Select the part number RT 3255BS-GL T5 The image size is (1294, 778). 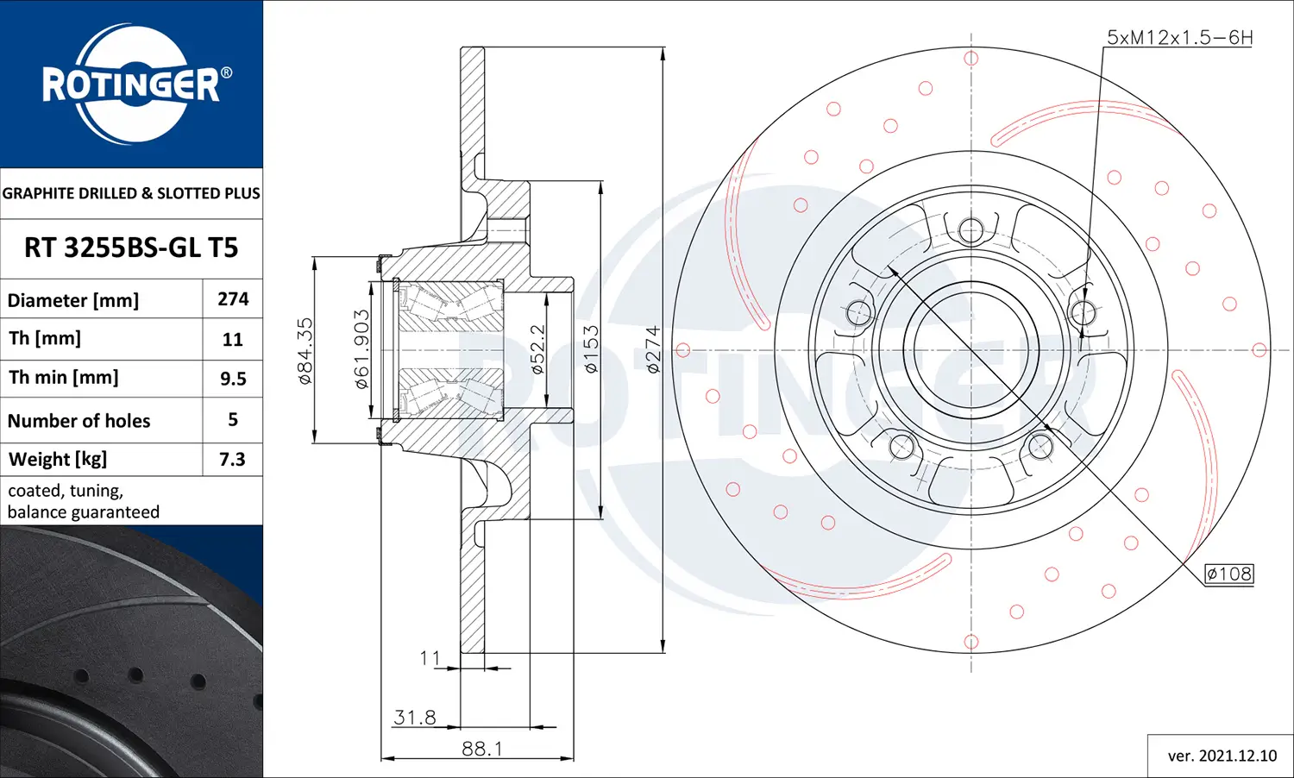131,248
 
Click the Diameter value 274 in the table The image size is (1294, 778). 233,299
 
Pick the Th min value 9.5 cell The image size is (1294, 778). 233,379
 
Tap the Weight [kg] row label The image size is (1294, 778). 58,459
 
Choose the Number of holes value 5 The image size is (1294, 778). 233,420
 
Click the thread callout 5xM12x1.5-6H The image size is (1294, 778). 1179,37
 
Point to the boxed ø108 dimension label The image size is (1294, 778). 1228,574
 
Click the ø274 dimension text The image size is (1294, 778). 653,349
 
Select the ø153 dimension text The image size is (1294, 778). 591,349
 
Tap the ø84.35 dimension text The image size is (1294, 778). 305,350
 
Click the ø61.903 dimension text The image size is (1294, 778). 362,349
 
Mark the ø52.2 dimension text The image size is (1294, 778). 537,349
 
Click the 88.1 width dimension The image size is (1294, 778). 481,748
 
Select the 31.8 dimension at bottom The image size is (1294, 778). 415,717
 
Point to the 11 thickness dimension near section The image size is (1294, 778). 430,658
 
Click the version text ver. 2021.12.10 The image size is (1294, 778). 1222,756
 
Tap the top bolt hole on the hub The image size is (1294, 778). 970,230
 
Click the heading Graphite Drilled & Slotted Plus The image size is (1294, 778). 131,193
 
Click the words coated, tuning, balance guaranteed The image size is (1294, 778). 84,501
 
